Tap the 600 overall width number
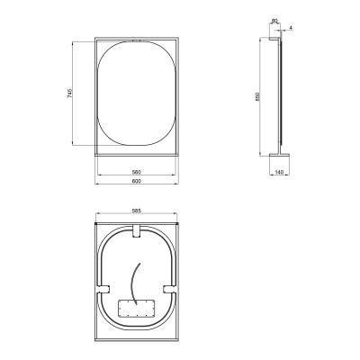pos(138,181)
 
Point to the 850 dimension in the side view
pos(258,98)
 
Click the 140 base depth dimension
pos(280,171)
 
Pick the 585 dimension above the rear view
pos(138,211)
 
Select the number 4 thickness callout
pos(292,29)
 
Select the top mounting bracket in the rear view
pos(137,233)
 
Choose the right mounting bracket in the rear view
pos(170,287)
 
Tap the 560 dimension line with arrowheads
pos(138,175)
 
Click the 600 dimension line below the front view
pos(138,185)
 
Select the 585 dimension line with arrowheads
pos(138,216)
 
